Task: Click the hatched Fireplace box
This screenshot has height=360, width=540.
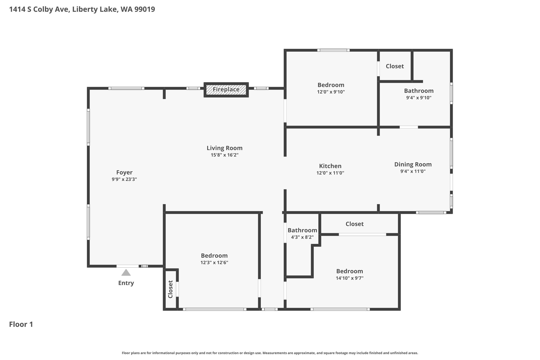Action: (226, 90)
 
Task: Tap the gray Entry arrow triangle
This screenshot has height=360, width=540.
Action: (126, 272)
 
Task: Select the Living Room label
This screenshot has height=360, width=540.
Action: (225, 148)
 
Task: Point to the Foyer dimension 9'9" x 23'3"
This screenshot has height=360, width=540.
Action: (124, 179)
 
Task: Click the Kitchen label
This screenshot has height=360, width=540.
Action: (330, 166)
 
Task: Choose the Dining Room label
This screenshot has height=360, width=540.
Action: (413, 165)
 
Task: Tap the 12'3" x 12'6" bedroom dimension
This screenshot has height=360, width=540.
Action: (214, 263)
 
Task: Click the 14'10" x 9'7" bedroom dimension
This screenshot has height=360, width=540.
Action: (350, 278)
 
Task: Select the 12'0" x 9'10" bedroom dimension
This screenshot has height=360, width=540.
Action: (331, 92)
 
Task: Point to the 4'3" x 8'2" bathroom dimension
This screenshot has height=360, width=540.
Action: (302, 237)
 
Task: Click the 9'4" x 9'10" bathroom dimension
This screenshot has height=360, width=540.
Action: (419, 98)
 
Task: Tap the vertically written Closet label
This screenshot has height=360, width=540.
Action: (170, 289)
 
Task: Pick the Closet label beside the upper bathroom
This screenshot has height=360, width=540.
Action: (395, 66)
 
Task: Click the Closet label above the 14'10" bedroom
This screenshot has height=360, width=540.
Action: (355, 224)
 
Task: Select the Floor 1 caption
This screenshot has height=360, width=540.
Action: (21, 324)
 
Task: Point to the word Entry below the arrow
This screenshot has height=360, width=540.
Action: (126, 283)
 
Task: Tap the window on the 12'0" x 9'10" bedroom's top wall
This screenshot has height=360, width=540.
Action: (334, 50)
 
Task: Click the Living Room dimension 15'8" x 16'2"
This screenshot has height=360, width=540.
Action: (225, 155)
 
